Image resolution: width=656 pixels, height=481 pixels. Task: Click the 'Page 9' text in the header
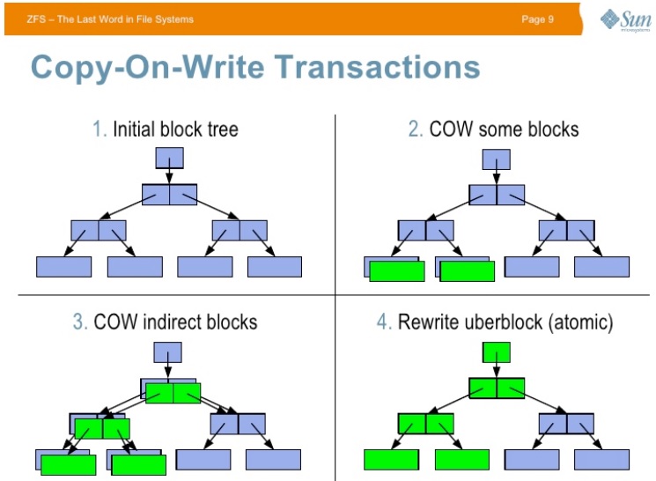[537, 19]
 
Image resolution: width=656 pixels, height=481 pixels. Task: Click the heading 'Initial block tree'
[175, 129]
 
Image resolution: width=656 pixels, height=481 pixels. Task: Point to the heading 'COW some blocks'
[504, 129]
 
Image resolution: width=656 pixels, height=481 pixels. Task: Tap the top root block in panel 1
[169, 159]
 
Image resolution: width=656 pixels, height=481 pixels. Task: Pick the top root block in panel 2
[496, 159]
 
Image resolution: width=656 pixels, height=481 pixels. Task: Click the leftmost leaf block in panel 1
[63, 267]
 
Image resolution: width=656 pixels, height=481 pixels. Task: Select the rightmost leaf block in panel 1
[275, 267]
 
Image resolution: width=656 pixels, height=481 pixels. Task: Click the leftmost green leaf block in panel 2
[396, 271]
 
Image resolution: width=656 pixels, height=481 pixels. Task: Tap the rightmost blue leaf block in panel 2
[602, 267]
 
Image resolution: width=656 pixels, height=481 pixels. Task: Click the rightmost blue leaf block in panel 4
[602, 459]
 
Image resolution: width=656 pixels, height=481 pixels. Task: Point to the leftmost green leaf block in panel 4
[391, 459]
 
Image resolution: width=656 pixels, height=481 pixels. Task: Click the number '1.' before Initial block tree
[100, 129]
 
